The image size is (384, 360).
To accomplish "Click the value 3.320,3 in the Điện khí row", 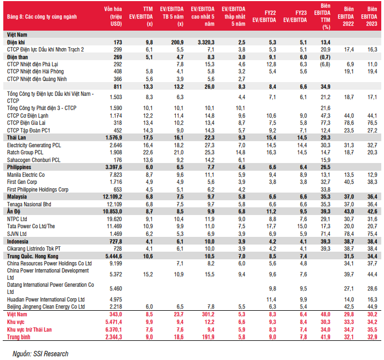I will coord(203,42).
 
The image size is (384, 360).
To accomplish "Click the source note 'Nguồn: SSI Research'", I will coord(37,353).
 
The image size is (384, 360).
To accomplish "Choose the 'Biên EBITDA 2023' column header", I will coord(372,17).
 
